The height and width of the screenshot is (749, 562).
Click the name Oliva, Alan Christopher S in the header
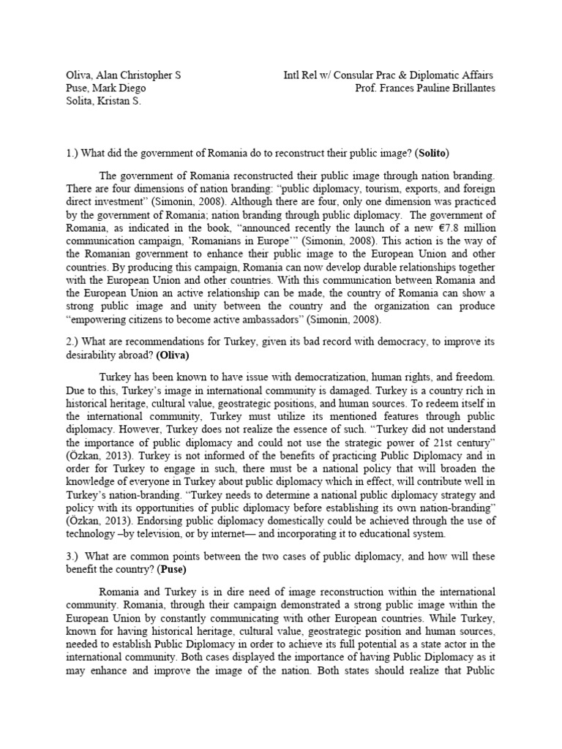(x=122, y=75)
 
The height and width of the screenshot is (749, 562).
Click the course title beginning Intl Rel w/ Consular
(x=389, y=75)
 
